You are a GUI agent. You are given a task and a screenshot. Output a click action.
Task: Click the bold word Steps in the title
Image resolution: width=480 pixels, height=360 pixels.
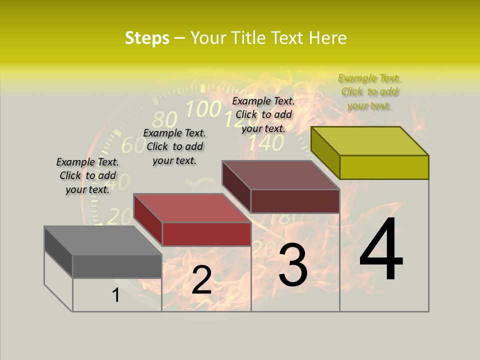point(147,38)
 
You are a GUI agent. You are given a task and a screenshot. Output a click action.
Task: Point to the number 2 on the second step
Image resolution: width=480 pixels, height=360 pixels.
point(201,280)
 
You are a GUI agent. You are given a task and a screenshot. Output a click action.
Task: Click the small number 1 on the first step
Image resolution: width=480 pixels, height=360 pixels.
point(116,295)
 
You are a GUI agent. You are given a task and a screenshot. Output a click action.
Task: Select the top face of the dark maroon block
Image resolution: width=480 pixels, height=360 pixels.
point(280,175)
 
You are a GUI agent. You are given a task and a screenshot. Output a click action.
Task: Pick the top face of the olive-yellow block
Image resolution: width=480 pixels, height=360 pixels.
point(369,141)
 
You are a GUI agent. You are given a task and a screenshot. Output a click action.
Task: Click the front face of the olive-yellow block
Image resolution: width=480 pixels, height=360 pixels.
point(384,167)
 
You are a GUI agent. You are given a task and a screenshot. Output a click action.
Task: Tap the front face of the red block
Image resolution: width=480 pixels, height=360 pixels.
point(206,234)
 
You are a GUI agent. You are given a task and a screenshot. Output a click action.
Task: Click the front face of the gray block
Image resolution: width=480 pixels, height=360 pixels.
point(117,266)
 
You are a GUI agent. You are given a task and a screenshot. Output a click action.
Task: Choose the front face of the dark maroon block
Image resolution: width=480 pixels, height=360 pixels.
point(295,201)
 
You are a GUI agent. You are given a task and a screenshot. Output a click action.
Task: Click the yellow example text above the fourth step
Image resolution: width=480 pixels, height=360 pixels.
point(369,92)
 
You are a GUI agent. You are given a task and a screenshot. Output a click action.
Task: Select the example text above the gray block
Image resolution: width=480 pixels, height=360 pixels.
point(87,175)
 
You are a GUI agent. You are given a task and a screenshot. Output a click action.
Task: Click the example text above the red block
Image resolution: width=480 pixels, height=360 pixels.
point(174,146)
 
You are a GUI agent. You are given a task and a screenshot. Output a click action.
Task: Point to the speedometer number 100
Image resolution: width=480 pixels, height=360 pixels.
point(203,108)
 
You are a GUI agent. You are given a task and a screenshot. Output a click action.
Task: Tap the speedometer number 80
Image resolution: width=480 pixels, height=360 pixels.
point(164,120)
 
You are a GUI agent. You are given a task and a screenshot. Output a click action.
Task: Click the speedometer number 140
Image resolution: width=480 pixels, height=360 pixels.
point(266,143)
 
